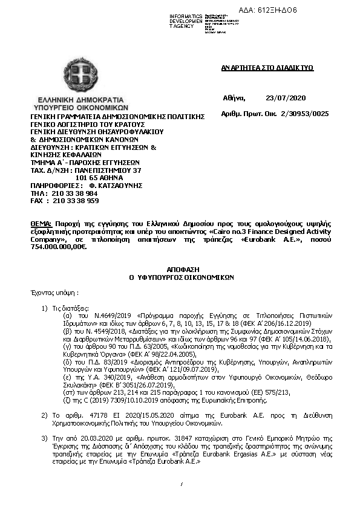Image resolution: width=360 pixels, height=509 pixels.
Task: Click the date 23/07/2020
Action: [x=286, y=98]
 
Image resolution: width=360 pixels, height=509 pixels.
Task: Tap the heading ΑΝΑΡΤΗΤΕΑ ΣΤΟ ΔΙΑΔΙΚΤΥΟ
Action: [x=267, y=68]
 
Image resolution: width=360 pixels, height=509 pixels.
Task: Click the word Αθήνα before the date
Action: [x=234, y=98]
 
